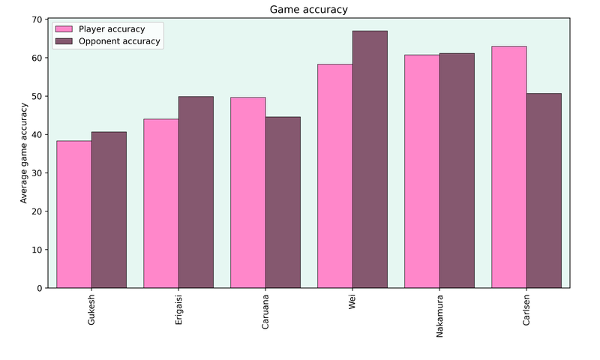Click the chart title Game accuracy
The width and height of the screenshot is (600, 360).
click(308, 10)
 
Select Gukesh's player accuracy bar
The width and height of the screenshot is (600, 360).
click(74, 214)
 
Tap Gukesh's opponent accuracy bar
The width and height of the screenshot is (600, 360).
click(109, 210)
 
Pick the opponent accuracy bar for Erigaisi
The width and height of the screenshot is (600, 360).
click(196, 192)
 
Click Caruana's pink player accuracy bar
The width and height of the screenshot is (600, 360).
click(247, 193)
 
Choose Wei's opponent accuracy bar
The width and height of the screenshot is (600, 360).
click(370, 159)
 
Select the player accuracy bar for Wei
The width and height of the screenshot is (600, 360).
click(335, 176)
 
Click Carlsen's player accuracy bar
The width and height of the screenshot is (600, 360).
click(508, 167)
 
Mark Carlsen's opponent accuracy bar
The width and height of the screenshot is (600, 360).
click(544, 190)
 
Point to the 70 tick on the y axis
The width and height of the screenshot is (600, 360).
click(37, 19)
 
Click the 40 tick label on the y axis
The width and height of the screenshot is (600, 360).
click(37, 135)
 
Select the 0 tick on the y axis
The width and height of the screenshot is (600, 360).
click(40, 288)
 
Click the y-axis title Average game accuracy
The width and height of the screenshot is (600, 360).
click(24, 154)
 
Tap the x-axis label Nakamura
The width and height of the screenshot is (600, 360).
click(439, 316)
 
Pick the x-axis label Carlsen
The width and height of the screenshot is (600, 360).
click(526, 310)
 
